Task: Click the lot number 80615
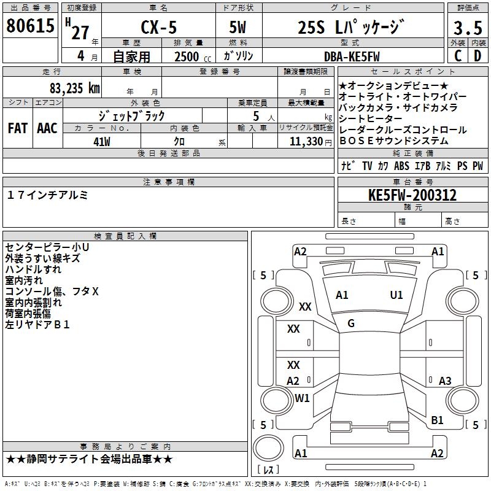point(29,26)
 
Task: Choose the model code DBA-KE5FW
point(352,56)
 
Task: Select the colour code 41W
point(102,141)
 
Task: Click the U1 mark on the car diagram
point(396,295)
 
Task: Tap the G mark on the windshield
point(350,323)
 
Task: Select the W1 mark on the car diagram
point(302,398)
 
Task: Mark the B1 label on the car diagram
point(437,420)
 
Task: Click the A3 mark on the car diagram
point(445,381)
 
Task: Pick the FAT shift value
point(17,128)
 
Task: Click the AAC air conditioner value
point(47,128)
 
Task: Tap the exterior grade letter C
point(458,56)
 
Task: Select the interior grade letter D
point(478,56)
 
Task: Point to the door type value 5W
point(238,28)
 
